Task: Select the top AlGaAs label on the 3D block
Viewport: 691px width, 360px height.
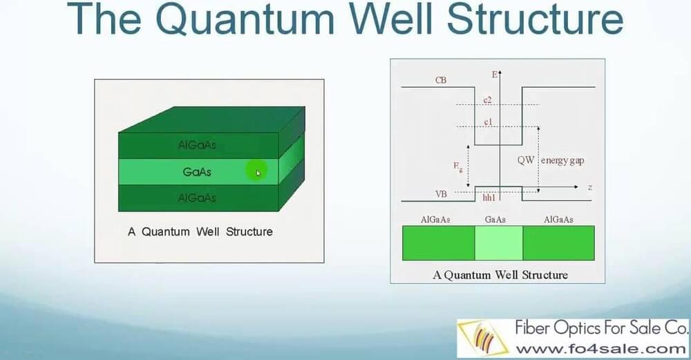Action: coord(197,145)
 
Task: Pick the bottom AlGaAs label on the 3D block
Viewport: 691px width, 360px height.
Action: coord(197,198)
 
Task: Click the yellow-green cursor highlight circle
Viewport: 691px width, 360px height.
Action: coord(256,171)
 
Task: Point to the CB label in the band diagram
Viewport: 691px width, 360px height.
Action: coord(440,80)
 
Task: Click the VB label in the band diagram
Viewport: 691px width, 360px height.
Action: coord(440,194)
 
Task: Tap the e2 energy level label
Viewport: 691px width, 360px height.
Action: coord(488,101)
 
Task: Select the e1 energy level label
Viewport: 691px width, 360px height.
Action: coord(488,122)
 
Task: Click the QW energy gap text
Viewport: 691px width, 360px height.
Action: coord(553,160)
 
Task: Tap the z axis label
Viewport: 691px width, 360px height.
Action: coord(590,187)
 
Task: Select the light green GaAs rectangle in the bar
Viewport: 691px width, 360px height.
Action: coord(498,243)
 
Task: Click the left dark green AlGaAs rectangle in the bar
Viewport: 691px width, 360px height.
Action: coord(439,243)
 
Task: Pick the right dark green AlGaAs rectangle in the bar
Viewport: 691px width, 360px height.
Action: coord(558,243)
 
